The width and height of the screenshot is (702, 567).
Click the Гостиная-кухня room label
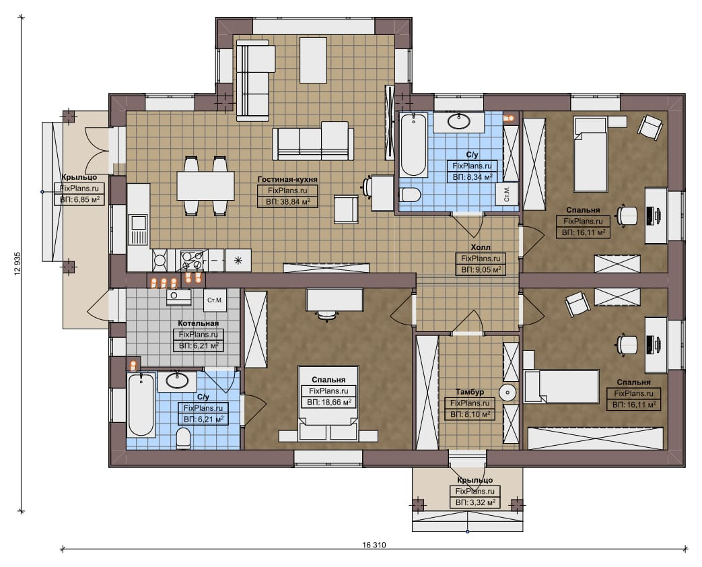coord(287,179)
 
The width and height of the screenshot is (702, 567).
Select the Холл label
coord(481,247)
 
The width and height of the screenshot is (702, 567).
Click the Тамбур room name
coord(470,392)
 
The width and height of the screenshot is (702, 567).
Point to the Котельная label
coord(199,323)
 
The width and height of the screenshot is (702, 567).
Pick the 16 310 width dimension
coord(374,545)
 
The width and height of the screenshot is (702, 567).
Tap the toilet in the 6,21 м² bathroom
coord(184,438)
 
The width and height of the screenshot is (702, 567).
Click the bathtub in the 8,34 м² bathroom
coord(414,145)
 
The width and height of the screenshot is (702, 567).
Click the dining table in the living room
coord(205,186)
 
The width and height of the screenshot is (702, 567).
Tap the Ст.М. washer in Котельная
coord(215,300)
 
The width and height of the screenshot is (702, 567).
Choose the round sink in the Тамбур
coord(507,393)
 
